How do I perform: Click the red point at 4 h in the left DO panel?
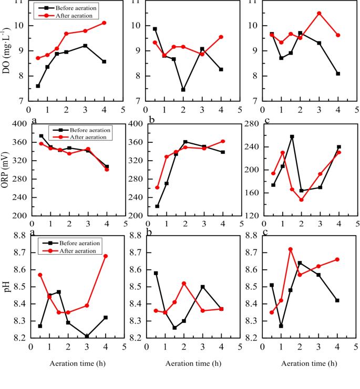tap(104, 23)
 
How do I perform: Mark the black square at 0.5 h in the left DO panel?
tap(38, 86)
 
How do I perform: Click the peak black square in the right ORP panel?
tap(292, 136)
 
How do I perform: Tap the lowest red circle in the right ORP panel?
tap(301, 200)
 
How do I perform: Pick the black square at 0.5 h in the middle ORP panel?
tap(157, 206)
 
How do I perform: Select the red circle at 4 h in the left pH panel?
tap(106, 256)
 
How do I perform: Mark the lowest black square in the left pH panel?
tap(87, 337)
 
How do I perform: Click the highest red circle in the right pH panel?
tap(291, 249)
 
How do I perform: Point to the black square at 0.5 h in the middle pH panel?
tap(156, 273)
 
